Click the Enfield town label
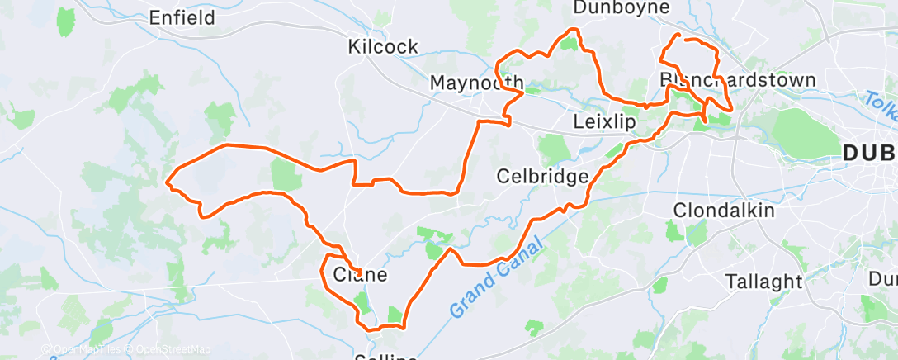[182, 17]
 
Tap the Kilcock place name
[383, 46]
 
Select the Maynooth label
[477, 83]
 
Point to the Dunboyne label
[632, 7]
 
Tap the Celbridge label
[542, 176]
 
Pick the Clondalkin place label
[725, 210]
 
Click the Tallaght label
[763, 281]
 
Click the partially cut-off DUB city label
[870, 153]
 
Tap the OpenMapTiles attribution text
[83, 349]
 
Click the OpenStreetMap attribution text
[170, 349]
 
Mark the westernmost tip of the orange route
[168, 181]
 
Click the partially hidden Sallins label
[385, 356]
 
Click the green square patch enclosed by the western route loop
[286, 175]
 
